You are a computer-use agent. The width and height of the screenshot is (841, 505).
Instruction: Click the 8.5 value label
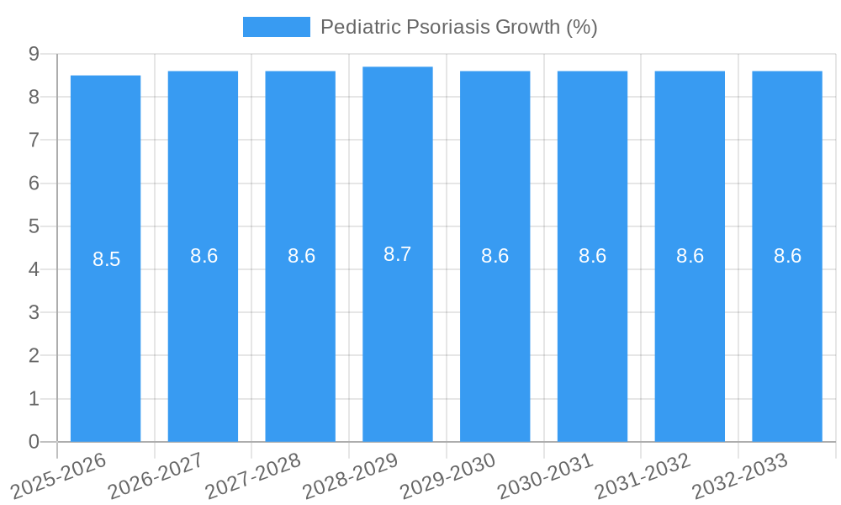[107, 259]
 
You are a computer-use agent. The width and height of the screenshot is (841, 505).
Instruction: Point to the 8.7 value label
[398, 254]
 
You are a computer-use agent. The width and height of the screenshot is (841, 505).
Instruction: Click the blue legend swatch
[276, 27]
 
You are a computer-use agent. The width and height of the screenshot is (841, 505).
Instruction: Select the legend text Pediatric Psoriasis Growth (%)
[458, 27]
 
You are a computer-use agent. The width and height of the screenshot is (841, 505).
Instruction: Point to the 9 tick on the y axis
[34, 54]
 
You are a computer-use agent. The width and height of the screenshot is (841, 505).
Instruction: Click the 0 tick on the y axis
[34, 441]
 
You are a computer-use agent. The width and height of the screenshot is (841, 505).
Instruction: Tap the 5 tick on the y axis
[34, 226]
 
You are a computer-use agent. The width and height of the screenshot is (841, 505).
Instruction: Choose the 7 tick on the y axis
[34, 140]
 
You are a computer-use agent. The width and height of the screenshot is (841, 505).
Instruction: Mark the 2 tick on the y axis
[34, 355]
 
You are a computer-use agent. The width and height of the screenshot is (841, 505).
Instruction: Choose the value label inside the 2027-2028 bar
[301, 256]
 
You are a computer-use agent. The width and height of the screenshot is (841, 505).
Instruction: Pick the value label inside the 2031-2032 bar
[690, 256]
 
